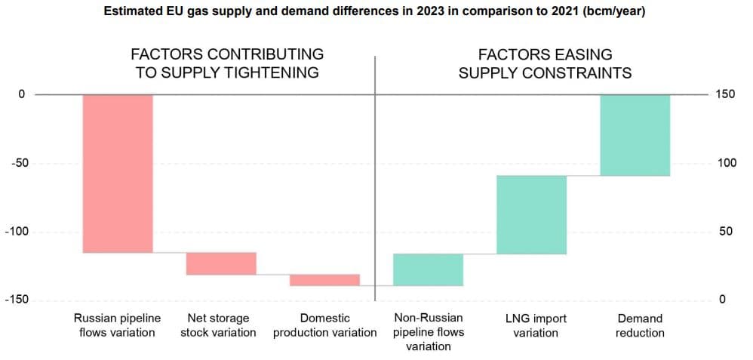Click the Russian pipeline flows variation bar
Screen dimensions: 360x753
pyautogui.click(x=118, y=174)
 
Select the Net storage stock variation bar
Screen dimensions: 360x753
pyautogui.click(x=221, y=263)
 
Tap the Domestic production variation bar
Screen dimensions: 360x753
pyautogui.click(x=324, y=280)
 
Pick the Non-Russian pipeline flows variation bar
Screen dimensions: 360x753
pyautogui.click(x=428, y=269)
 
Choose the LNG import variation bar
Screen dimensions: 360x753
pyautogui.click(x=531, y=214)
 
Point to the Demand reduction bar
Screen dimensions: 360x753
pyautogui.click(x=635, y=135)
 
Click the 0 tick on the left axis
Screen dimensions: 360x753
pyautogui.click(x=22, y=94)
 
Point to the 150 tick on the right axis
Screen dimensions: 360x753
pyautogui.click(x=725, y=94)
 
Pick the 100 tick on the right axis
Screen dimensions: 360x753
pyautogui.click(x=725, y=163)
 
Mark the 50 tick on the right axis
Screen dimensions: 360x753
pyautogui.click(x=725, y=232)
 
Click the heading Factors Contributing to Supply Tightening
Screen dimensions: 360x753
pyautogui.click(x=227, y=63)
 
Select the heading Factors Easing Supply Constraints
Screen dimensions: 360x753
pyautogui.click(x=545, y=63)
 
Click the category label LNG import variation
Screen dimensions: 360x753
pyautogui.click(x=536, y=325)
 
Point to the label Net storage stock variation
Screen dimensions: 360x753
pyautogui.click(x=219, y=325)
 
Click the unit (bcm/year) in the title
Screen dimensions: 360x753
pyautogui.click(x=607, y=12)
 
